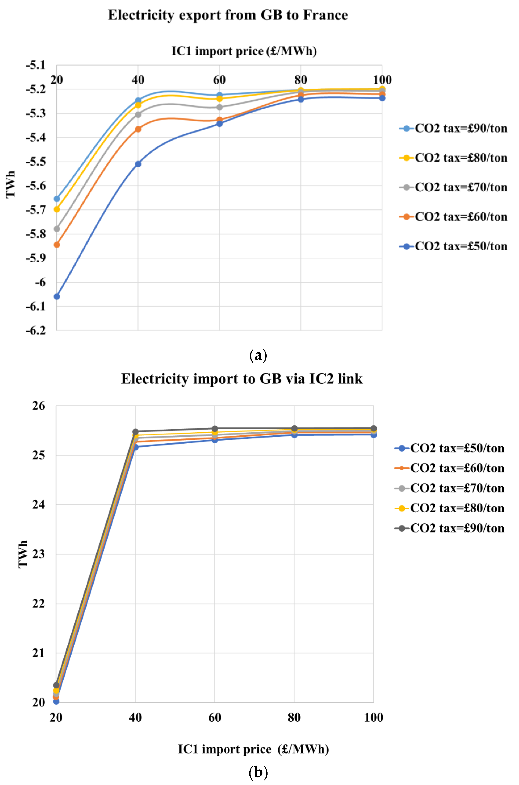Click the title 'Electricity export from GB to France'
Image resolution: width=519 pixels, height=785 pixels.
click(228, 15)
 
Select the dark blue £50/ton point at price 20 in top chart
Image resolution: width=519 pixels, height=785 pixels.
click(57, 296)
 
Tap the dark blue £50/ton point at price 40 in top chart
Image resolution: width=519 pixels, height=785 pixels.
click(138, 164)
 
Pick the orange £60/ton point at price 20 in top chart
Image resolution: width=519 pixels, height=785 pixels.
click(57, 245)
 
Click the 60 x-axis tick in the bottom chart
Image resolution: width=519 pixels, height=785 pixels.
click(214, 717)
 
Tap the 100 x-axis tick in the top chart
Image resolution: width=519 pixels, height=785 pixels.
click(382, 80)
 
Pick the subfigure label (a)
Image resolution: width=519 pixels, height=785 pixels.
click(258, 355)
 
